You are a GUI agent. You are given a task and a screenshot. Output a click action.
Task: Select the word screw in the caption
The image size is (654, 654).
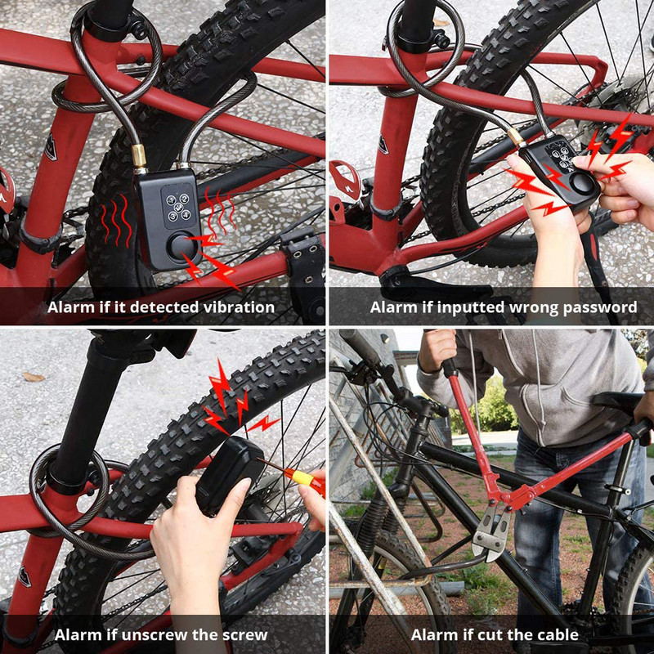click(x=246, y=635)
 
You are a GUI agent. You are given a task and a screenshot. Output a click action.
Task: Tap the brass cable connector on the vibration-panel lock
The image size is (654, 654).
click(x=140, y=156)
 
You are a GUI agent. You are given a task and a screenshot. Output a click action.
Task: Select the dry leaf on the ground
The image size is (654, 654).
click(x=34, y=377)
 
